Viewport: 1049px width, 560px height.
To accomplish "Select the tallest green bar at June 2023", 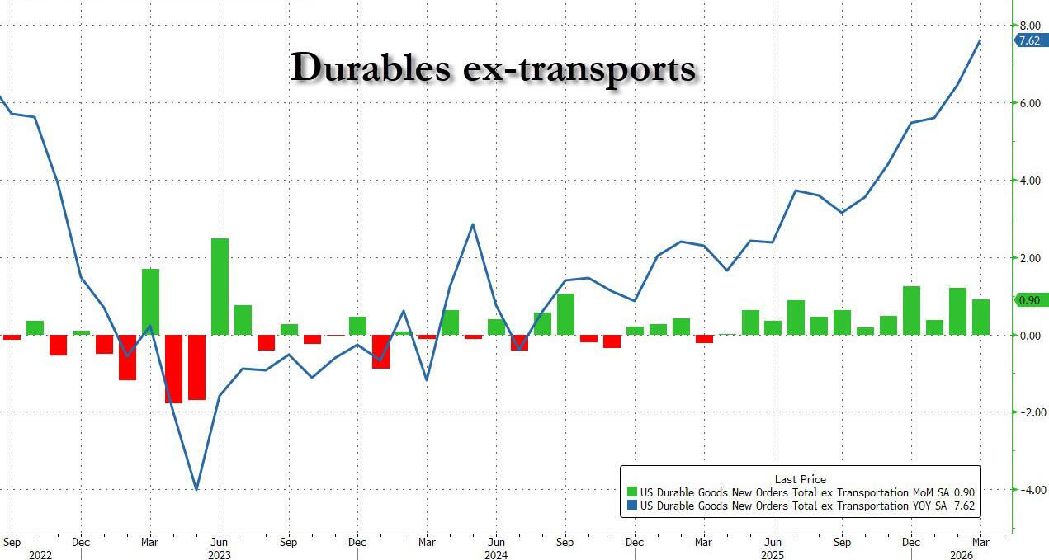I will point(220,286).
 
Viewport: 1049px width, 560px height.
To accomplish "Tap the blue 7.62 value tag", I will point(1028,40).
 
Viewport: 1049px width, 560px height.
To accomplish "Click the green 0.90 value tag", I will point(1028,301).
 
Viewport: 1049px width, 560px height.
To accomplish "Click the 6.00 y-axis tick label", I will point(1028,103).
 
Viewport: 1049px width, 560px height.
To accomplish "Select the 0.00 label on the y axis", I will point(1028,336).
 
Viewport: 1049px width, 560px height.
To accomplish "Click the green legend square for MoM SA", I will point(632,492).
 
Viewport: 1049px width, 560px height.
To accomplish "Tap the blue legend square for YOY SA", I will point(632,506).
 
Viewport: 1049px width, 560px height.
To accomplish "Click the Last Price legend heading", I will point(800,479).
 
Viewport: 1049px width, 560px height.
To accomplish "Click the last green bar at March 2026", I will point(980,318).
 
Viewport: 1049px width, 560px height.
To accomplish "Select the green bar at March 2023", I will point(150,302).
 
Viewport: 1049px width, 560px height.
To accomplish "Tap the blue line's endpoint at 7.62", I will point(980,40).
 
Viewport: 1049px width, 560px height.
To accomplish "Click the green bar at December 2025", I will point(911,311).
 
